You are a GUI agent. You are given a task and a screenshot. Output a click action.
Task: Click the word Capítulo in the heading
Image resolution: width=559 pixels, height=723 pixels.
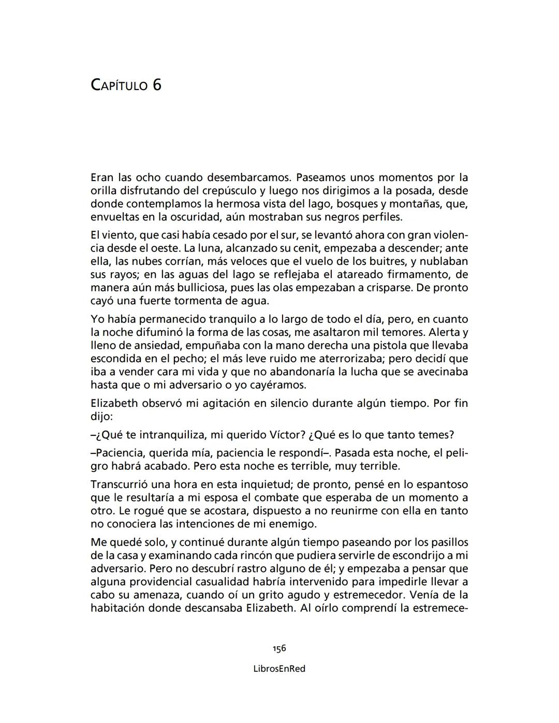pos(119,85)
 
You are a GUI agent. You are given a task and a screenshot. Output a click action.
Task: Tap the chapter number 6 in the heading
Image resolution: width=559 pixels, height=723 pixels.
pos(157,84)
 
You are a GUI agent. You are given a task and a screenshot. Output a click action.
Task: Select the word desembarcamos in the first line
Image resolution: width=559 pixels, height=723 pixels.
pos(244,178)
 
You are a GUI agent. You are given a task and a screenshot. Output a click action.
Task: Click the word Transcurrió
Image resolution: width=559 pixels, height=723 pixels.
pos(123,484)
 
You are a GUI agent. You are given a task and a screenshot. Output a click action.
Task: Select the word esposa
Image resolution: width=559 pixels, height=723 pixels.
pos(220,497)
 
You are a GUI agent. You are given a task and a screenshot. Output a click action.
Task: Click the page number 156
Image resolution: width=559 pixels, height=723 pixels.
pos(279,648)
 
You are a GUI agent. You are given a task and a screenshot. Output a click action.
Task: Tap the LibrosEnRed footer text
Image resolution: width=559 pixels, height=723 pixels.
pos(279,669)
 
